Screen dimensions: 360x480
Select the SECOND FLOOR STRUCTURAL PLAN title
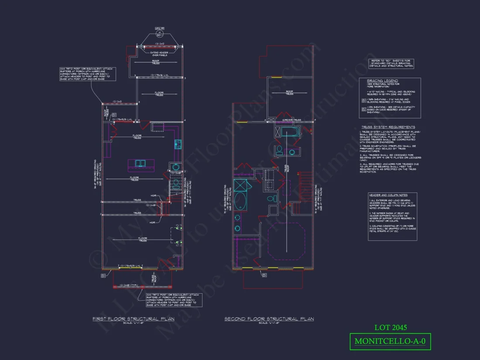point(269,319)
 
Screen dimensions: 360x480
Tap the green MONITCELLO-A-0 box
point(390,341)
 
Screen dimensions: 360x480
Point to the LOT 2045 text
point(391,327)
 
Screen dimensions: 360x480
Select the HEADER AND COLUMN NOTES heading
point(388,195)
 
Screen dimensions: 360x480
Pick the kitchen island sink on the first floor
point(141,163)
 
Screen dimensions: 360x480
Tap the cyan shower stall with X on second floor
point(239,185)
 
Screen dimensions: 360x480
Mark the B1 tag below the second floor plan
point(264,275)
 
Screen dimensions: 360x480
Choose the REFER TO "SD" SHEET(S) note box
point(391,63)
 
